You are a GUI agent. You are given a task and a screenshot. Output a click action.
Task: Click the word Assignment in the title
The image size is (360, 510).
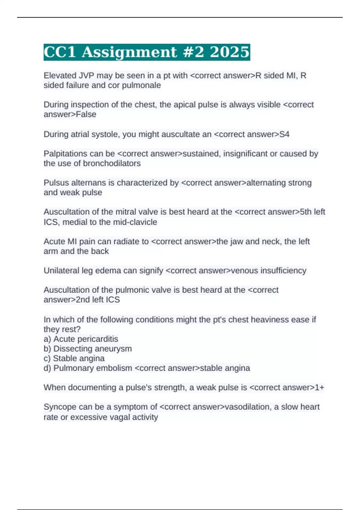tap(129, 52)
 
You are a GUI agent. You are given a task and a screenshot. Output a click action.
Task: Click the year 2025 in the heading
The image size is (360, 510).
tap(229, 52)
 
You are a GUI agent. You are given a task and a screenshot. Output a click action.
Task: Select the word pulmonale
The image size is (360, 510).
tap(142, 85)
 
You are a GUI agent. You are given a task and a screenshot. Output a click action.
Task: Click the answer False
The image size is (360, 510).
tap(86, 115)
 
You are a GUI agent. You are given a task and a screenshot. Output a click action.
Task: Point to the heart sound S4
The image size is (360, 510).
tap(284, 134)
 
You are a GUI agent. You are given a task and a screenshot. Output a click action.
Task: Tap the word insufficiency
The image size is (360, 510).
tap(283, 271)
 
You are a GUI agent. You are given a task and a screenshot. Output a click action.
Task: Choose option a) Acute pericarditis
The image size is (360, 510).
tap(81, 339)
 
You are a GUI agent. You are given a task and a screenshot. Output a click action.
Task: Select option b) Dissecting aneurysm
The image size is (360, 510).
tap(88, 349)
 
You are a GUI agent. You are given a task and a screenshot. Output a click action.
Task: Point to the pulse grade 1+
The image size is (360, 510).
tap(319, 388)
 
